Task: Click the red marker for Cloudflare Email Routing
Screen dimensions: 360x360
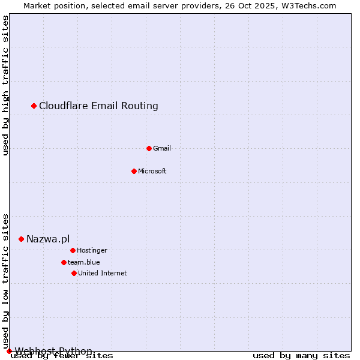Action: [34, 106]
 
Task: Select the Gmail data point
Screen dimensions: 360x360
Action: [149, 148]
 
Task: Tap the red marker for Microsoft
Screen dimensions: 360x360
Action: [134, 171]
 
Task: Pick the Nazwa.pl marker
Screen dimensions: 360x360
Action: [21, 239]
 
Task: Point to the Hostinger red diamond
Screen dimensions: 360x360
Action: [73, 250]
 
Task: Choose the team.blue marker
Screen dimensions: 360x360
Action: [64, 262]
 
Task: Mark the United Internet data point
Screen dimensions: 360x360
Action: [74, 273]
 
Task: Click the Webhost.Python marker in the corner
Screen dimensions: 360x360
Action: [9, 351]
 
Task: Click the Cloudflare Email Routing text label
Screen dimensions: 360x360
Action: [98, 106]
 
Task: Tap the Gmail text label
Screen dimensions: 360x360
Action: [162, 148]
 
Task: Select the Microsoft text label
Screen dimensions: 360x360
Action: [152, 171]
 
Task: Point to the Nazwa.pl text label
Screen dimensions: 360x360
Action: [48, 239]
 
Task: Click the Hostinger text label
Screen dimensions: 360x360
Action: [92, 250]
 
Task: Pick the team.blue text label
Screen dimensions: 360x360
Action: [84, 262]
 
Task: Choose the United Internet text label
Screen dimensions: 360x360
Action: [102, 273]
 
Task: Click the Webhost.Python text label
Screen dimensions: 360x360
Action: [53, 351]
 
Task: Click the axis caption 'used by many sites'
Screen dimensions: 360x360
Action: [301, 356]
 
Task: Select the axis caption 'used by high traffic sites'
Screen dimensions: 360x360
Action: [5, 85]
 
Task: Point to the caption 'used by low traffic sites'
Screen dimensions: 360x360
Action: [5, 281]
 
